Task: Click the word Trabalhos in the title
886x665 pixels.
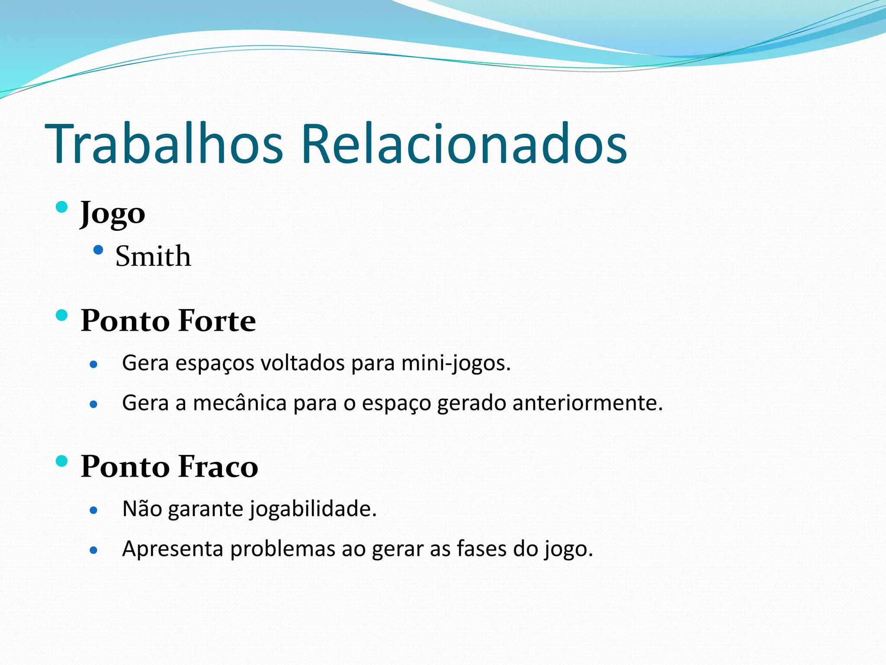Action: (x=164, y=144)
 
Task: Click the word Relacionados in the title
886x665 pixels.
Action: (x=464, y=144)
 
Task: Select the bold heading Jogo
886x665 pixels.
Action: (x=112, y=213)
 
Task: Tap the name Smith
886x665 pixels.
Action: (x=153, y=256)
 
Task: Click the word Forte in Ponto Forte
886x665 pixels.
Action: (x=217, y=321)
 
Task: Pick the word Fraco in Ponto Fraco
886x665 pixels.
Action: (x=218, y=467)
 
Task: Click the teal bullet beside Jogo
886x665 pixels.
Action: (x=62, y=207)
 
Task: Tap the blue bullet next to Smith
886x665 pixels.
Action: (x=98, y=250)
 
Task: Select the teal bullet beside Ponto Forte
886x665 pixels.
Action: (x=62, y=315)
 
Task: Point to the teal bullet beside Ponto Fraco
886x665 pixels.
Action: (x=62, y=461)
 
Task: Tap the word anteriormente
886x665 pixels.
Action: (x=587, y=403)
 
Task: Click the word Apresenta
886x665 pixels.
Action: (x=173, y=549)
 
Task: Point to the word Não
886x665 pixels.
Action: (x=142, y=509)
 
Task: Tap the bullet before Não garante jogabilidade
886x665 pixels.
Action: (x=93, y=510)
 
